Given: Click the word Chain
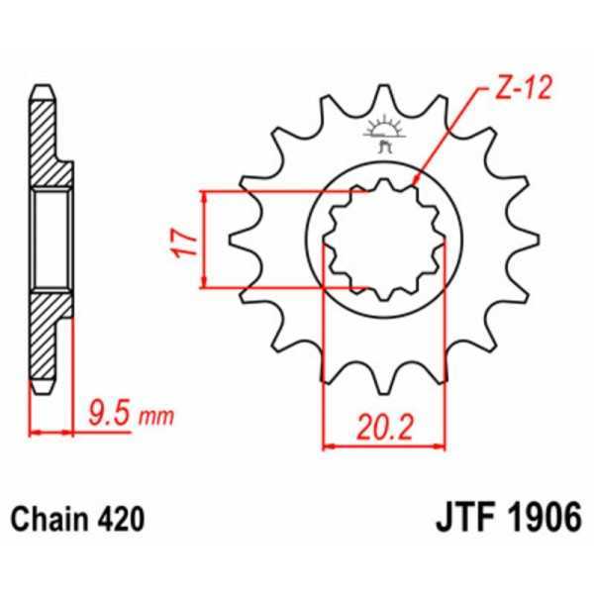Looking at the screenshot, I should point(47,519).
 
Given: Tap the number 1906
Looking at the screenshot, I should point(543,519).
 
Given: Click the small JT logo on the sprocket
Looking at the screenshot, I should point(381,134).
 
